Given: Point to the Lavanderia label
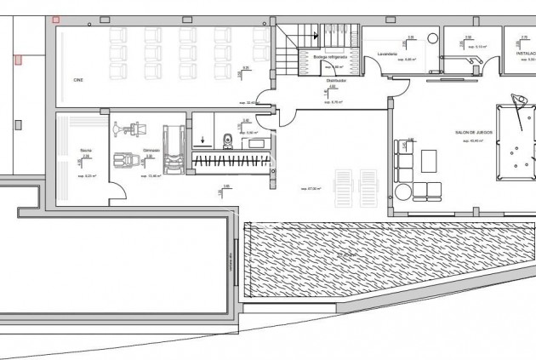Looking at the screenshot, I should [386, 52].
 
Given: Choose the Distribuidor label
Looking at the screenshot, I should [335, 80].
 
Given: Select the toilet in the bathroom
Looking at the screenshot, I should [227, 140].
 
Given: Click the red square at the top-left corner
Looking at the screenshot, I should [56, 19].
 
